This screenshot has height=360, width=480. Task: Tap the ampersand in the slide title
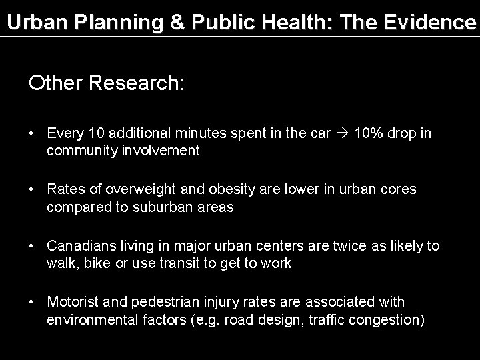click(179, 21)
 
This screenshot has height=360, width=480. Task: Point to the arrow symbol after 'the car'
click(343, 133)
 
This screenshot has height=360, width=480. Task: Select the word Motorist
click(72, 303)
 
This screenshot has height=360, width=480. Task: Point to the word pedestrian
click(160, 303)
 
